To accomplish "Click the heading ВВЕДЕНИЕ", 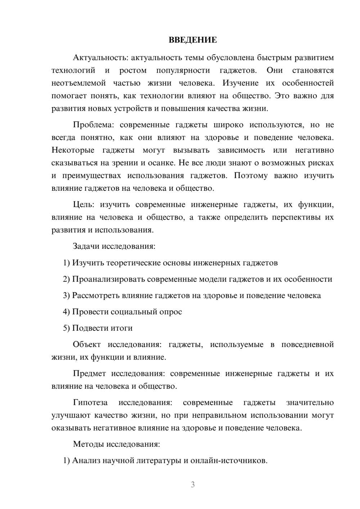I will (193, 40).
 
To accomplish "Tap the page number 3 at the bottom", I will (193, 485).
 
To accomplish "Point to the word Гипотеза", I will (90, 402).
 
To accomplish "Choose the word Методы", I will (88, 444).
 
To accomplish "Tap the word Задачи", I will (86, 247).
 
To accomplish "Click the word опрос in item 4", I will (171, 312).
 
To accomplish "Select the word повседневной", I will (307, 344).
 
